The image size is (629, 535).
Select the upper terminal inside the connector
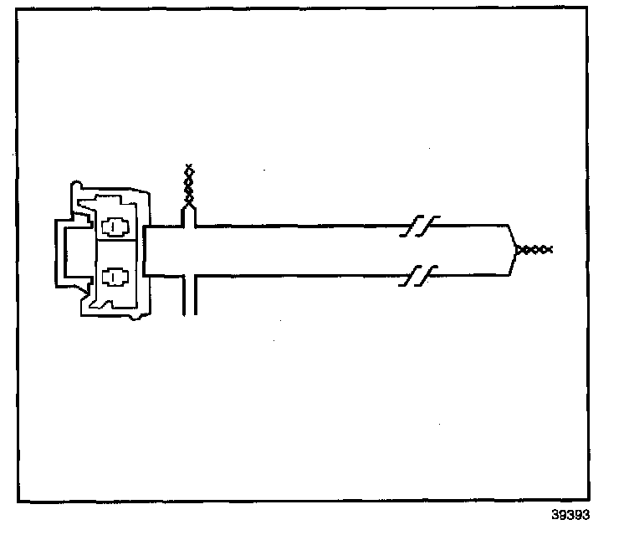coord(113,227)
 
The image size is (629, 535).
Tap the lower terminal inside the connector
coord(113,276)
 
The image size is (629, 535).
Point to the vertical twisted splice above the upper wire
coord(190,188)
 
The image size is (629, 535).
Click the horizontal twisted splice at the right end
coord(534,249)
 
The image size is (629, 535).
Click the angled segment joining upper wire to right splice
coord(513,237)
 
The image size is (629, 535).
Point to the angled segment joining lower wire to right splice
coord(513,262)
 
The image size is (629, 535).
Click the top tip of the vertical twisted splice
coord(190,166)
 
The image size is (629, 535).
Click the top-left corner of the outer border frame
coord(19,18)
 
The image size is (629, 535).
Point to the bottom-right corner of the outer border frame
coord(609,501)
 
